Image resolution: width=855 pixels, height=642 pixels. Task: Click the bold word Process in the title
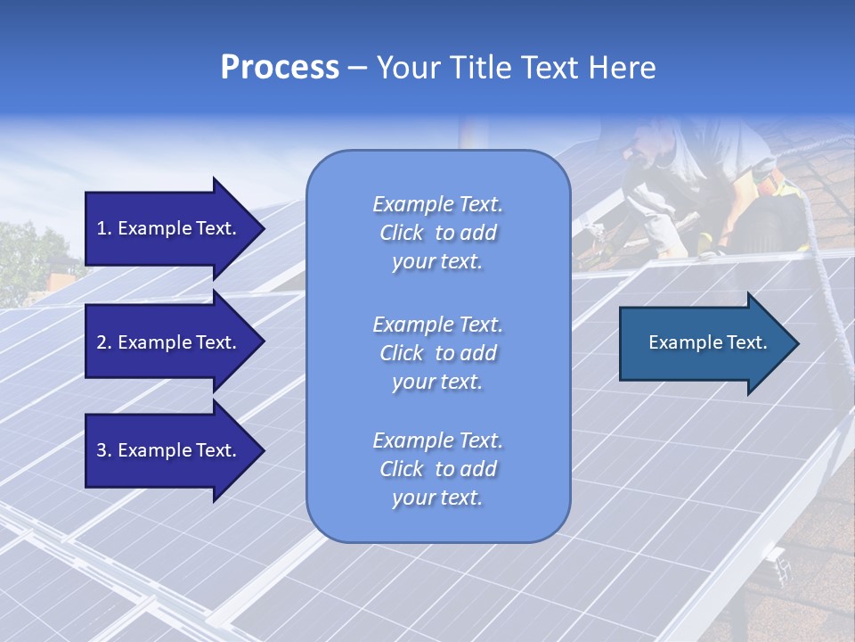coord(280,68)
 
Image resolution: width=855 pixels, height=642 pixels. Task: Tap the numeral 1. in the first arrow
coord(104,228)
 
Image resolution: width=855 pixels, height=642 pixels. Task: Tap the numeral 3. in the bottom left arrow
coord(104,450)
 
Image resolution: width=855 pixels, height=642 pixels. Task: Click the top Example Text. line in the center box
coord(437,204)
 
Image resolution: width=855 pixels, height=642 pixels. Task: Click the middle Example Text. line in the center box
coord(437,324)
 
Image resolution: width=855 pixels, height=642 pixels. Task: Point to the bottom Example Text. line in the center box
coord(437,440)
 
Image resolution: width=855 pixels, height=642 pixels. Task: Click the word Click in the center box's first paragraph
coord(402,234)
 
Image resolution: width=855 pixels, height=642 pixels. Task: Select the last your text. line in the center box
coord(437,498)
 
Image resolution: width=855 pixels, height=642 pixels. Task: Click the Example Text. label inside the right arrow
coord(707,342)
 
